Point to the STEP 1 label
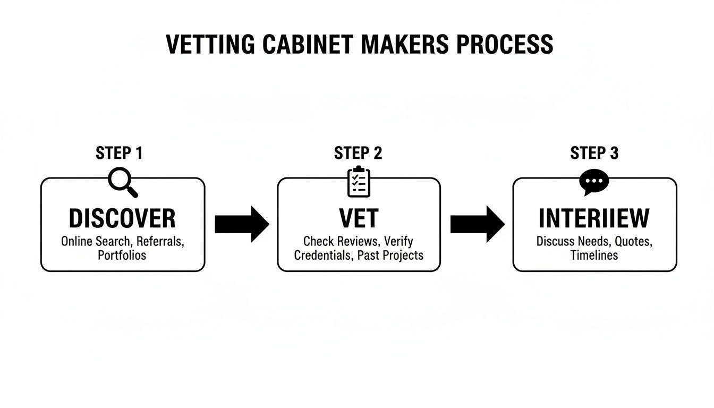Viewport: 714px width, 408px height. pos(119,154)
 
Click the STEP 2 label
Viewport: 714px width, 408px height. pos(358,154)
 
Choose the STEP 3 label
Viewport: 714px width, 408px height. pos(594,154)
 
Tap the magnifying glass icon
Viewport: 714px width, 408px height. pos(123,182)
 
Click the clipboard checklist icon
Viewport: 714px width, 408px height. pos(359,182)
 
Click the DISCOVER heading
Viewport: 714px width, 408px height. pos(122,218)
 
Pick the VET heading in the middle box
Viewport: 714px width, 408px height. pos(359,218)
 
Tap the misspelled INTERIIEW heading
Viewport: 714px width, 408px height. pos(594,218)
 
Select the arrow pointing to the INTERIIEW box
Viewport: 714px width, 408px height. pos(477,224)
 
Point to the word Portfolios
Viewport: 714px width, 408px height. pos(122,255)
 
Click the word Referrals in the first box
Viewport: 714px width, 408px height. pos(160,241)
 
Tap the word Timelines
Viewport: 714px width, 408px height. pos(594,255)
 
